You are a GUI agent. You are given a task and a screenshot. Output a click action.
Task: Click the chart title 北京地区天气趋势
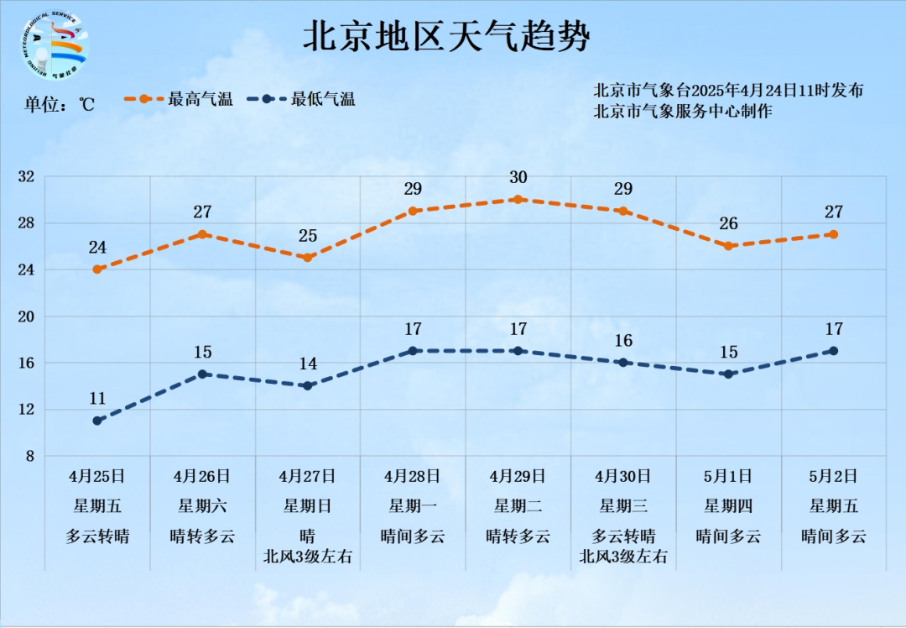click(445, 37)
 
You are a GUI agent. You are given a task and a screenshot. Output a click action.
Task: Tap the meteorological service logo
click(55, 47)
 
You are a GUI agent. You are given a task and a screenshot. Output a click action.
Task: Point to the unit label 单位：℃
click(60, 105)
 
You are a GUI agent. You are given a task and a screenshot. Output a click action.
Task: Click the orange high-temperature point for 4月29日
click(518, 200)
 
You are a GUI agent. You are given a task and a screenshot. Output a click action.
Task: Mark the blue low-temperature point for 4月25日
click(97, 421)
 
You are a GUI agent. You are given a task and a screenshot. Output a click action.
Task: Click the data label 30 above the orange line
click(518, 177)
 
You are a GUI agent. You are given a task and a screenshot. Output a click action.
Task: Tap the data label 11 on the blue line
click(97, 398)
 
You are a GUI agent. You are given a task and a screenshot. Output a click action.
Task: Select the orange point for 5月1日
click(728, 246)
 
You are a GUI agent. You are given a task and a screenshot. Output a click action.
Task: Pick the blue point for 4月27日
click(307, 385)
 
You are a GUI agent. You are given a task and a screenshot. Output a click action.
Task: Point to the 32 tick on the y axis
click(26, 176)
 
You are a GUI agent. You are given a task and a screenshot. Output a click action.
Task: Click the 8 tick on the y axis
click(29, 456)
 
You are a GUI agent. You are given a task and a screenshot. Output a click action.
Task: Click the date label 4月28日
click(412, 476)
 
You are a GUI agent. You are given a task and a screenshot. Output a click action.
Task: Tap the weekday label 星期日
click(307, 505)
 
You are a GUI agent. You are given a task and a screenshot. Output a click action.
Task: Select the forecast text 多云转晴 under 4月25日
click(97, 536)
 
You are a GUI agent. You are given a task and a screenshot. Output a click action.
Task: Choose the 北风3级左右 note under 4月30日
click(623, 556)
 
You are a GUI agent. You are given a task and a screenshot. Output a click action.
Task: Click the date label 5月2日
click(833, 476)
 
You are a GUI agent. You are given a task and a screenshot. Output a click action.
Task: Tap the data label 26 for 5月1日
click(728, 223)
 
